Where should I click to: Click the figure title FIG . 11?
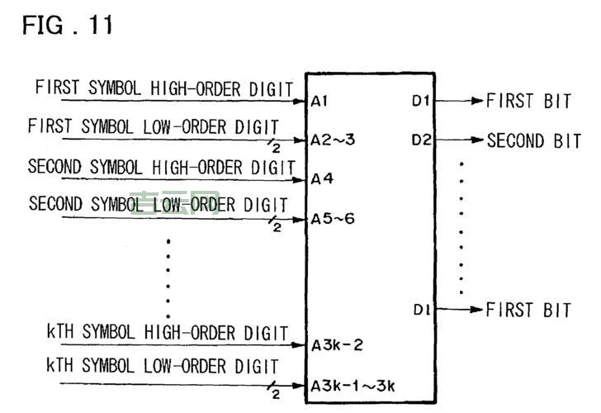tap(68, 26)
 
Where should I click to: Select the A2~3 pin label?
tap(333, 140)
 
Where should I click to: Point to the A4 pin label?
tap(321, 178)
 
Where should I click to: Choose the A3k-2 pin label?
tap(337, 345)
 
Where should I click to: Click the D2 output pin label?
tap(421, 140)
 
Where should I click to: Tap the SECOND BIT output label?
tap(533, 140)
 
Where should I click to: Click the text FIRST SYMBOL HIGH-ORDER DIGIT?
tap(164, 88)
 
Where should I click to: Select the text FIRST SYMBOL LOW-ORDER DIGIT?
tap(153, 126)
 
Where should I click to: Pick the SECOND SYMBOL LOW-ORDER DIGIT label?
tap(158, 203)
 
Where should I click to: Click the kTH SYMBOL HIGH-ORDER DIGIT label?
tap(167, 332)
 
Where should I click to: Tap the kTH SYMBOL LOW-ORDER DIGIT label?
tap(162, 365)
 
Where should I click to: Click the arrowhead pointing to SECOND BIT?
tap(477, 140)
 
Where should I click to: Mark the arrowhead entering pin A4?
tap(301, 178)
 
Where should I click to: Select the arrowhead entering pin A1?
tap(301, 102)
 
